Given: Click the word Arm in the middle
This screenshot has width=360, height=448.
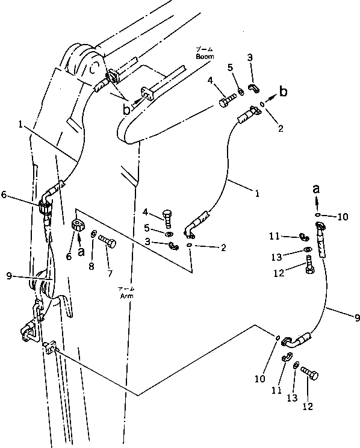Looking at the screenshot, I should [x=126, y=296].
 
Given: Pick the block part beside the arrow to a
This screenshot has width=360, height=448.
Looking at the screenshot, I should [x=77, y=226].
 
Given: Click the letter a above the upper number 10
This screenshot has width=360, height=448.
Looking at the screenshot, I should [x=317, y=188].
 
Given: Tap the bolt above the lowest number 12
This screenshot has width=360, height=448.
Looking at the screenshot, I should [x=311, y=375].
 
